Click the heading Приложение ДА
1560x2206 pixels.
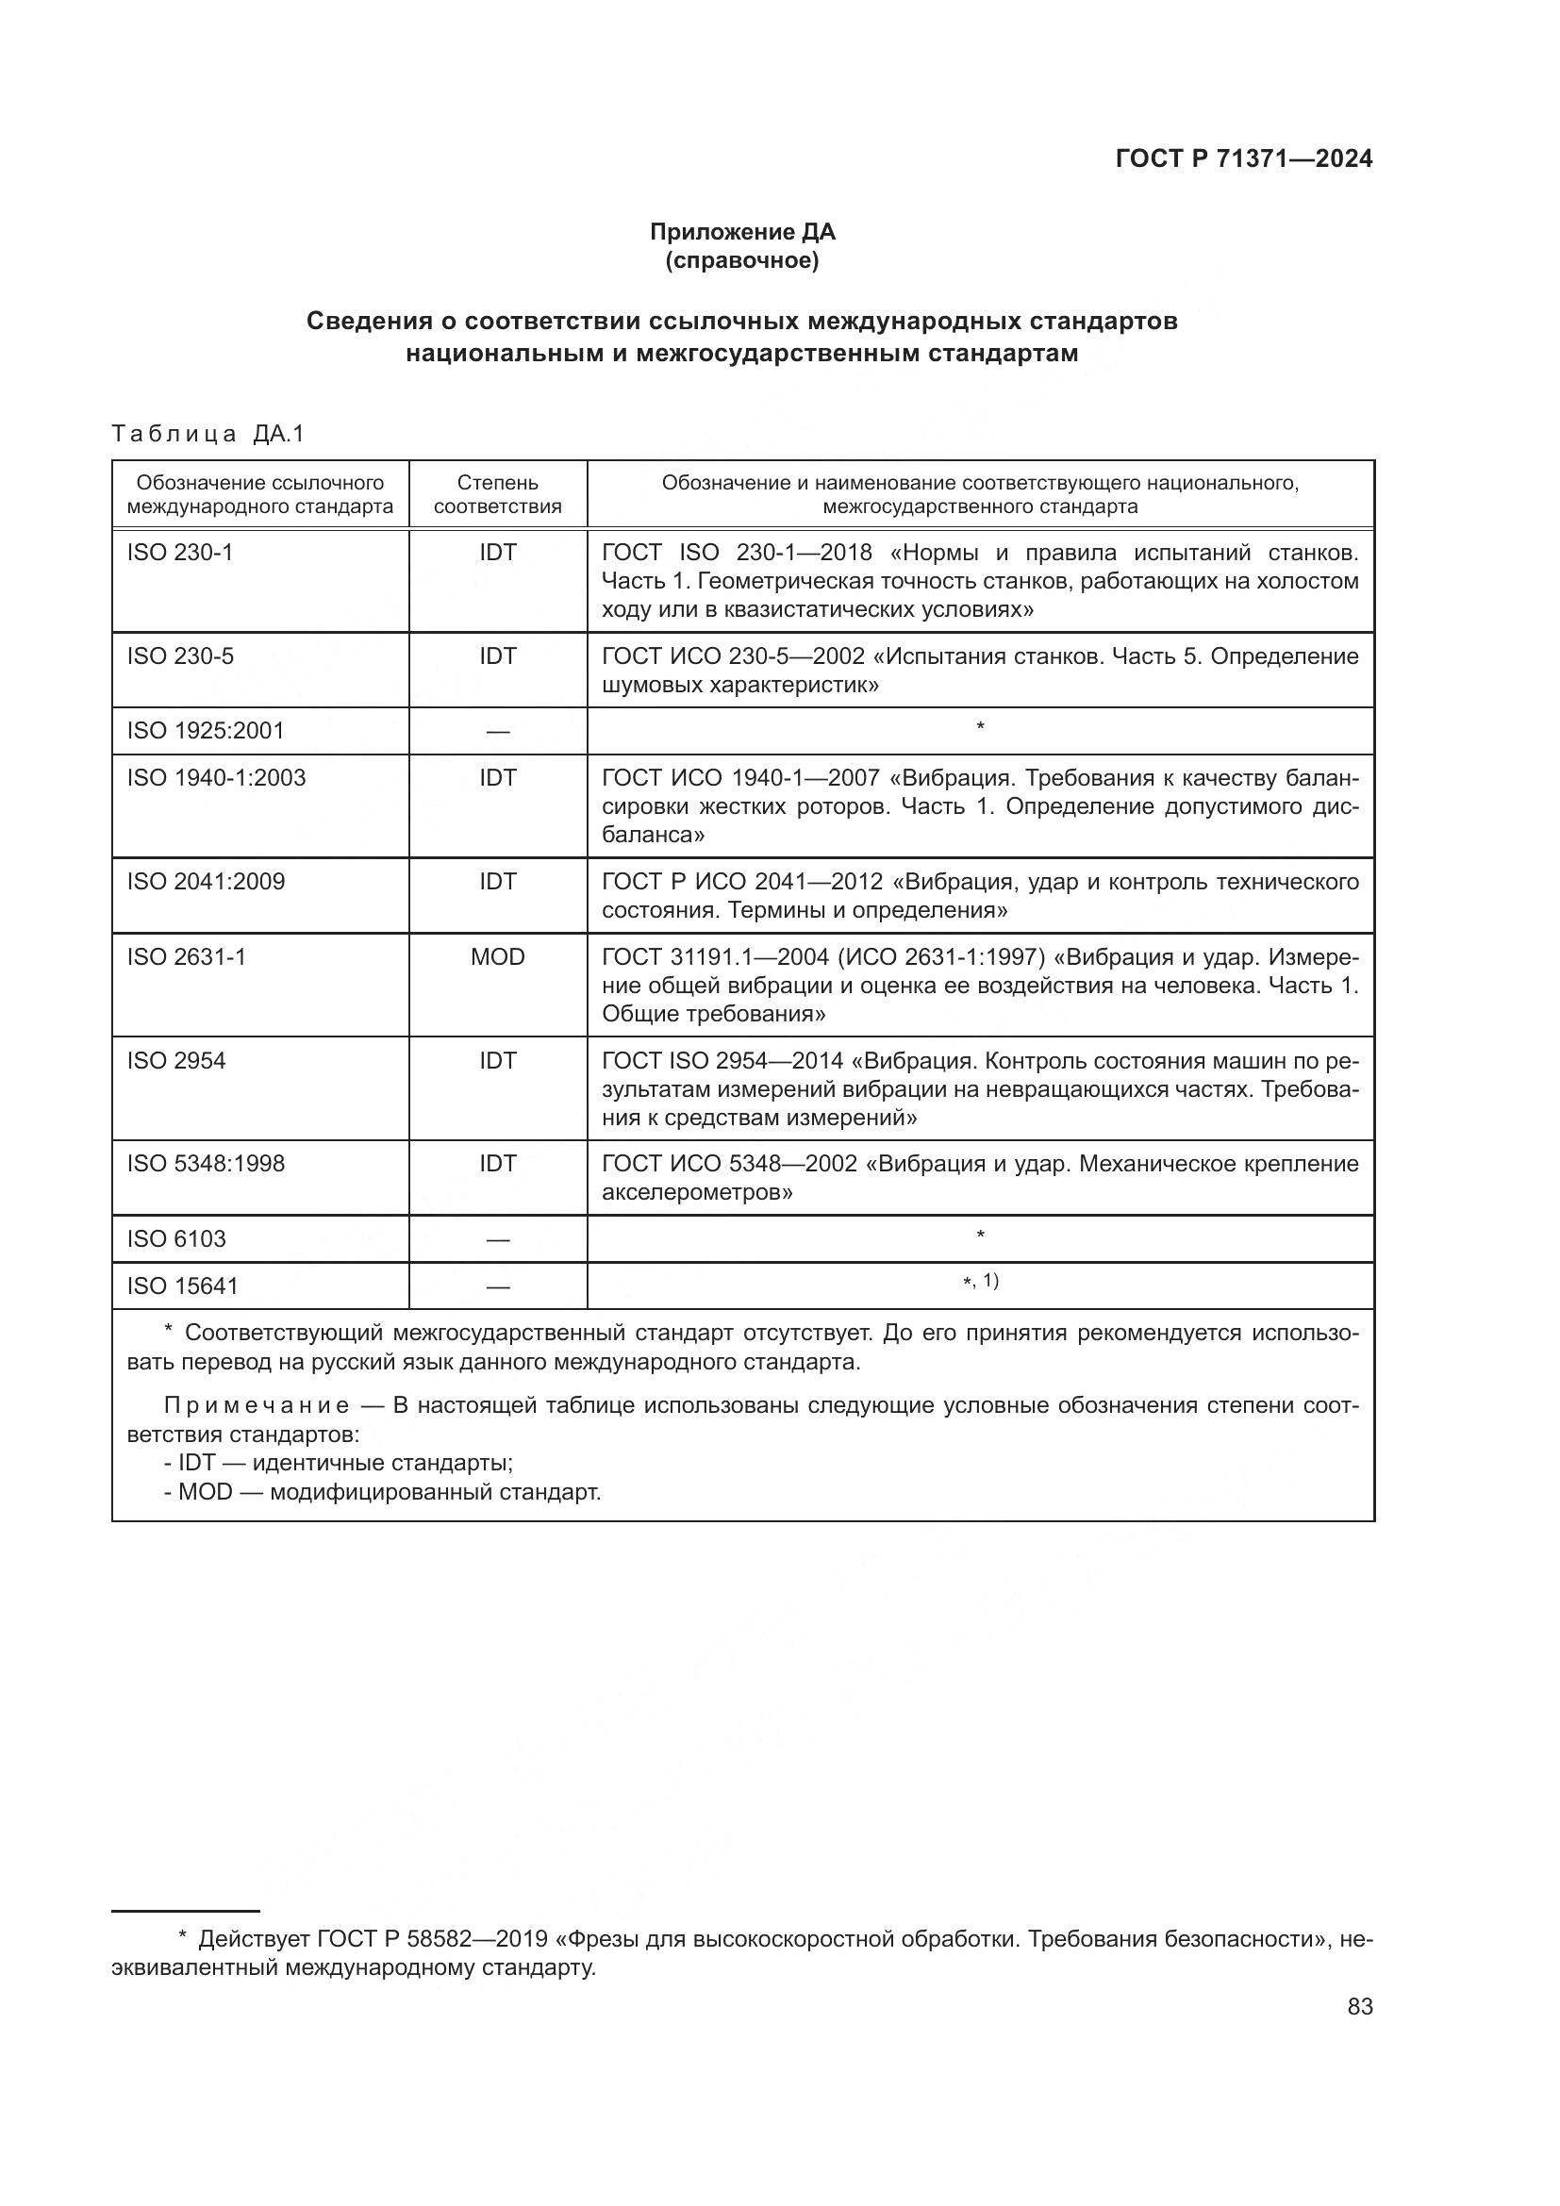[x=742, y=232]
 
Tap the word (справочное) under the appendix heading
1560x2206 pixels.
[x=742, y=261]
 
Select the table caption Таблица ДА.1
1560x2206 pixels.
[x=207, y=434]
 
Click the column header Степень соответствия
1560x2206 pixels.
[x=498, y=495]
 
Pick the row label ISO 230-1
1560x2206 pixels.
[x=179, y=553]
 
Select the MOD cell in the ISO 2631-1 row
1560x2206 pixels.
[x=498, y=957]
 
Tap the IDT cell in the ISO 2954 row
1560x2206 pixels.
[x=498, y=1061]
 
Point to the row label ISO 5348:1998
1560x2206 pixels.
[x=206, y=1165]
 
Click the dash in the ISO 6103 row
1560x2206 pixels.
[x=498, y=1240]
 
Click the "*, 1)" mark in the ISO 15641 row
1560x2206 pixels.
[x=981, y=1282]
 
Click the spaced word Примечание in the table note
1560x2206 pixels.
[x=257, y=1406]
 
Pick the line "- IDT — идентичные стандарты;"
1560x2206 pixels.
[x=339, y=1464]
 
